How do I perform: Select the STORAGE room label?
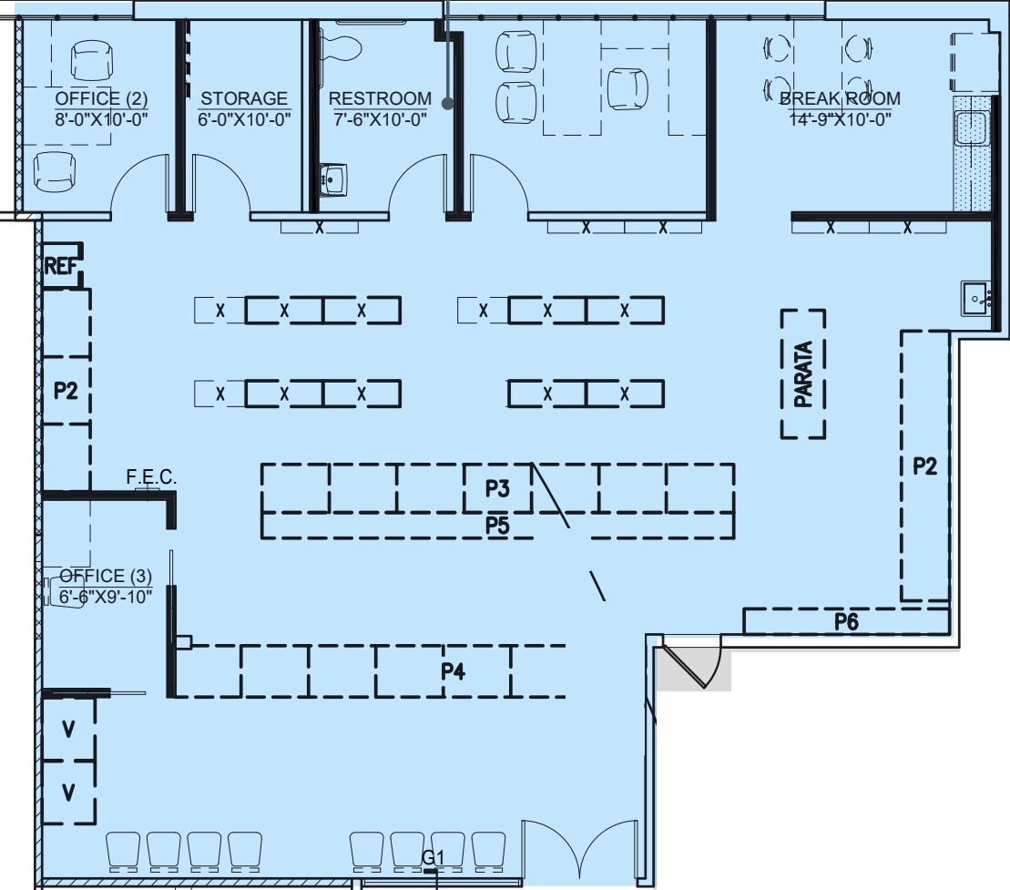pos(244,98)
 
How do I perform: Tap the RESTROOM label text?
pos(380,98)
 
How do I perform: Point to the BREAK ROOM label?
pos(840,98)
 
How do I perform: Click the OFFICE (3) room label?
pos(106,576)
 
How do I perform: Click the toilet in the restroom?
pos(343,42)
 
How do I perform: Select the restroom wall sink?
pos(333,179)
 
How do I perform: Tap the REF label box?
pos(60,266)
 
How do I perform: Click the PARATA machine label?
pos(803,373)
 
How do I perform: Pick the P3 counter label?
pos(497,489)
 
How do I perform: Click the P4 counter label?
pos(453,671)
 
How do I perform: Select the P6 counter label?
pos(847,621)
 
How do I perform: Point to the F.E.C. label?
pos(151,477)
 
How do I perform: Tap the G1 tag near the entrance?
pos(433,857)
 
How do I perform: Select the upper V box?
pos(68,729)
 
